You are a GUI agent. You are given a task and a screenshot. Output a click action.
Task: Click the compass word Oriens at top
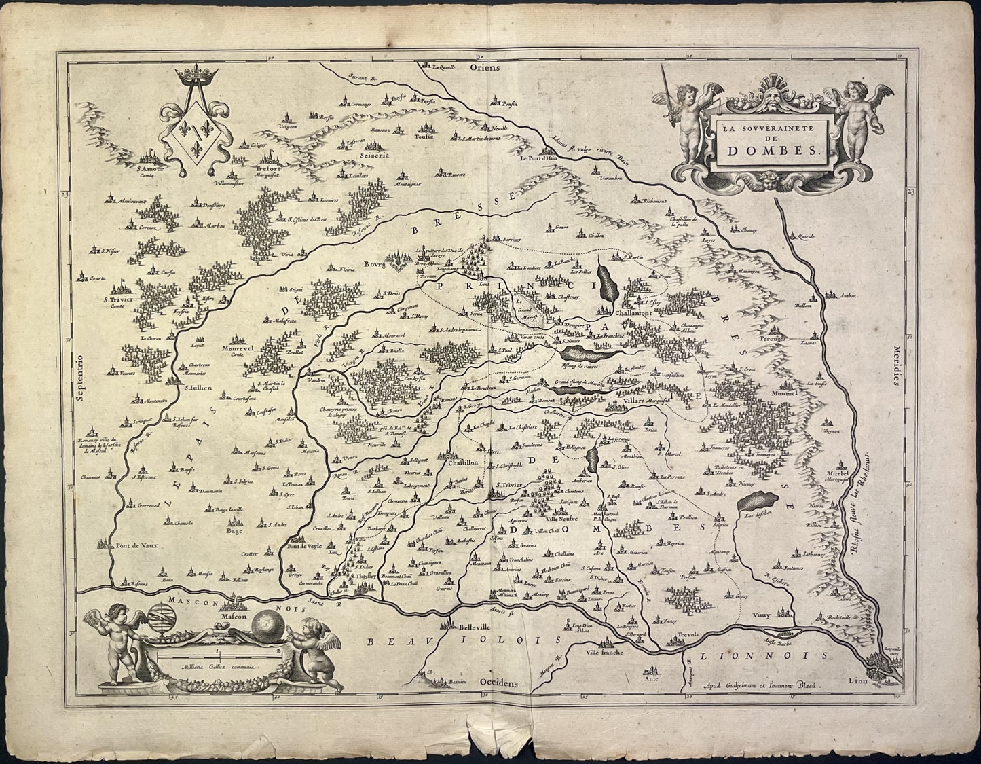pos(487,67)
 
